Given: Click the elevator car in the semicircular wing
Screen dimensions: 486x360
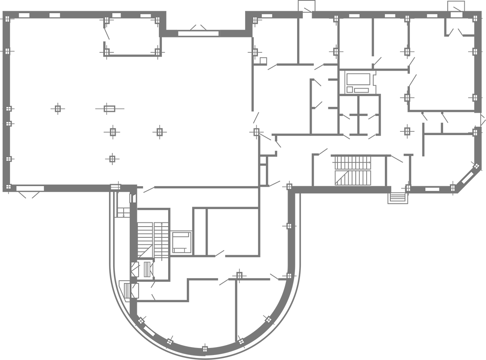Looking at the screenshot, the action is (181, 242).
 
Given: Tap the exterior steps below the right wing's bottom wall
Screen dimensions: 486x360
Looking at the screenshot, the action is (397, 197).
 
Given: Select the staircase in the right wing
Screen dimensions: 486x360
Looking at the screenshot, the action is (353, 170).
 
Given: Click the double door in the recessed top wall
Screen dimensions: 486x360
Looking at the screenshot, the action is (198, 27).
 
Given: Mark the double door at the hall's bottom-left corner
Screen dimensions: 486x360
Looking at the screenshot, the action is (28, 195).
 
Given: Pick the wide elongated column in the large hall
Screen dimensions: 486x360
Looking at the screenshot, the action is (109, 108).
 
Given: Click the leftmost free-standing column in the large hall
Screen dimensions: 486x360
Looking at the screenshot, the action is (58, 108).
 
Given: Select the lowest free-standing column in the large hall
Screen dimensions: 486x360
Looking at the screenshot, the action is (112, 159).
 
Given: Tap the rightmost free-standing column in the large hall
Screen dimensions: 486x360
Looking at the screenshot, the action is (159, 132).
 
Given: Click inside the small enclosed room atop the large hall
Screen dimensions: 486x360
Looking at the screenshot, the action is (132, 37).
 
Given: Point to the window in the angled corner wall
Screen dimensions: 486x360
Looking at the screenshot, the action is (467, 178).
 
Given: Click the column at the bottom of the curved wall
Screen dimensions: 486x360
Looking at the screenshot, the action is (204, 348).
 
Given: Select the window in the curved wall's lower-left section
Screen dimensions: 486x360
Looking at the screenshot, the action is (149, 331).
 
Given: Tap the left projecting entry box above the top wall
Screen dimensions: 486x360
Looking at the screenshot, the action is (306, 6).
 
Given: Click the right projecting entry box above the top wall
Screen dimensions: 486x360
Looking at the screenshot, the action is (456, 6).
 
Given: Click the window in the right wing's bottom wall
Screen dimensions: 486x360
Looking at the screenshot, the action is (432, 189).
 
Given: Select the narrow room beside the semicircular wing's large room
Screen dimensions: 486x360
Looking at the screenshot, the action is (200, 232).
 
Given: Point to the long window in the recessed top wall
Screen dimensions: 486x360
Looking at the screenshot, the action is (198, 33).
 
